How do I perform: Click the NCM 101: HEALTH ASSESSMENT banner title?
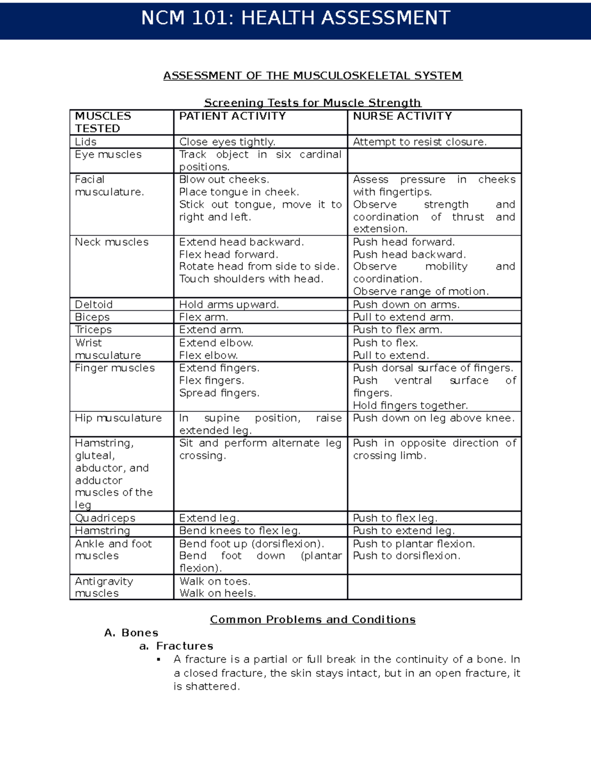coord(295,18)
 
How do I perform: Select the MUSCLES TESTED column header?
coord(103,122)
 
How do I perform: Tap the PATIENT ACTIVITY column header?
coord(232,116)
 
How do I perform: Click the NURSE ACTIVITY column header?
coord(402,116)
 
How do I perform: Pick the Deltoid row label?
coord(94,304)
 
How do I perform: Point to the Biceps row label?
coord(92,317)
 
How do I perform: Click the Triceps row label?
coord(93,330)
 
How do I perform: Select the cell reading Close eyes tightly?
coord(227,142)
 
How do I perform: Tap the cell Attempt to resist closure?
coord(420,142)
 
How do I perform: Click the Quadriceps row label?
coord(105,518)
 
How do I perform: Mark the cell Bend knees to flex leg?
coord(239,531)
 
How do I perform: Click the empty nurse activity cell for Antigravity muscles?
coord(434,587)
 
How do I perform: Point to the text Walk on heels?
coord(217,593)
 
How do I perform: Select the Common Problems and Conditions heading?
coord(312,619)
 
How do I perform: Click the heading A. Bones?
coord(131,632)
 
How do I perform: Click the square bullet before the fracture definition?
coord(159,660)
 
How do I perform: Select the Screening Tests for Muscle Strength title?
coord(312,102)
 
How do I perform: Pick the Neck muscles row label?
coord(111,242)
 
